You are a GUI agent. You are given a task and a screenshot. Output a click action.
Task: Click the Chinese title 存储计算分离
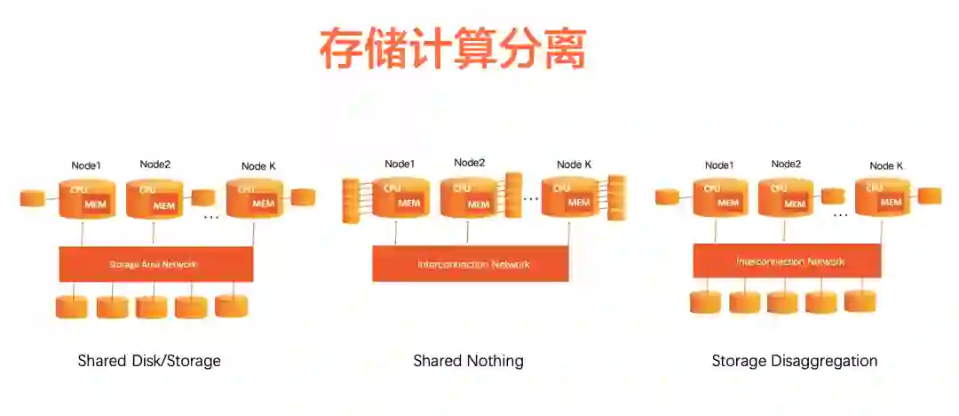[x=453, y=49]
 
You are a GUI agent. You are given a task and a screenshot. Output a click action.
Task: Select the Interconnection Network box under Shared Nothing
[x=470, y=264]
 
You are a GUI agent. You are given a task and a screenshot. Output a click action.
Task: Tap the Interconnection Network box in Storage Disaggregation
[x=787, y=260]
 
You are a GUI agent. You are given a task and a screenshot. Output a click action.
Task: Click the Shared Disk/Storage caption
[x=149, y=361]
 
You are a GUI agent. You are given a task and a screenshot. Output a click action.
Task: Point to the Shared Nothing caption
[x=468, y=361]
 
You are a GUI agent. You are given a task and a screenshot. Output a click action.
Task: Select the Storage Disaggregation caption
[x=794, y=361]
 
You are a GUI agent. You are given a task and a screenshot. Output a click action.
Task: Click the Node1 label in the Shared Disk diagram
[x=86, y=165]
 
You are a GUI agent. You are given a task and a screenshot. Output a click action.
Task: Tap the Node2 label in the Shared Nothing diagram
[x=469, y=163]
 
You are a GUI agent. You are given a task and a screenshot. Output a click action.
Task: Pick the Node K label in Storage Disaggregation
[x=886, y=166]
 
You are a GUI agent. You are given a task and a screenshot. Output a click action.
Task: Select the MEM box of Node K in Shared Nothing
[x=579, y=203]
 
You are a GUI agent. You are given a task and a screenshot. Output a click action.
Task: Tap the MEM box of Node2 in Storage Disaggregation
[x=796, y=204]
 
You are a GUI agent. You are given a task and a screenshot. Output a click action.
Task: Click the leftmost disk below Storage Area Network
[x=72, y=307]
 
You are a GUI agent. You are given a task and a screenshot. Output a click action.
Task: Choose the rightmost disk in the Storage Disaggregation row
[x=860, y=300]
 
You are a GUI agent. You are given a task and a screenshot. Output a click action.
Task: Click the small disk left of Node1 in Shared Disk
[x=32, y=198]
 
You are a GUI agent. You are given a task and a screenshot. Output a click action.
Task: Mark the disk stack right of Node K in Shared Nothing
[x=616, y=198]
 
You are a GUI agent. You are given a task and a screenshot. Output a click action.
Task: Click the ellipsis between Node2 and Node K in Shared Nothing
[x=531, y=199]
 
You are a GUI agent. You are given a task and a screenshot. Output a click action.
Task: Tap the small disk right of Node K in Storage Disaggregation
[x=930, y=196]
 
